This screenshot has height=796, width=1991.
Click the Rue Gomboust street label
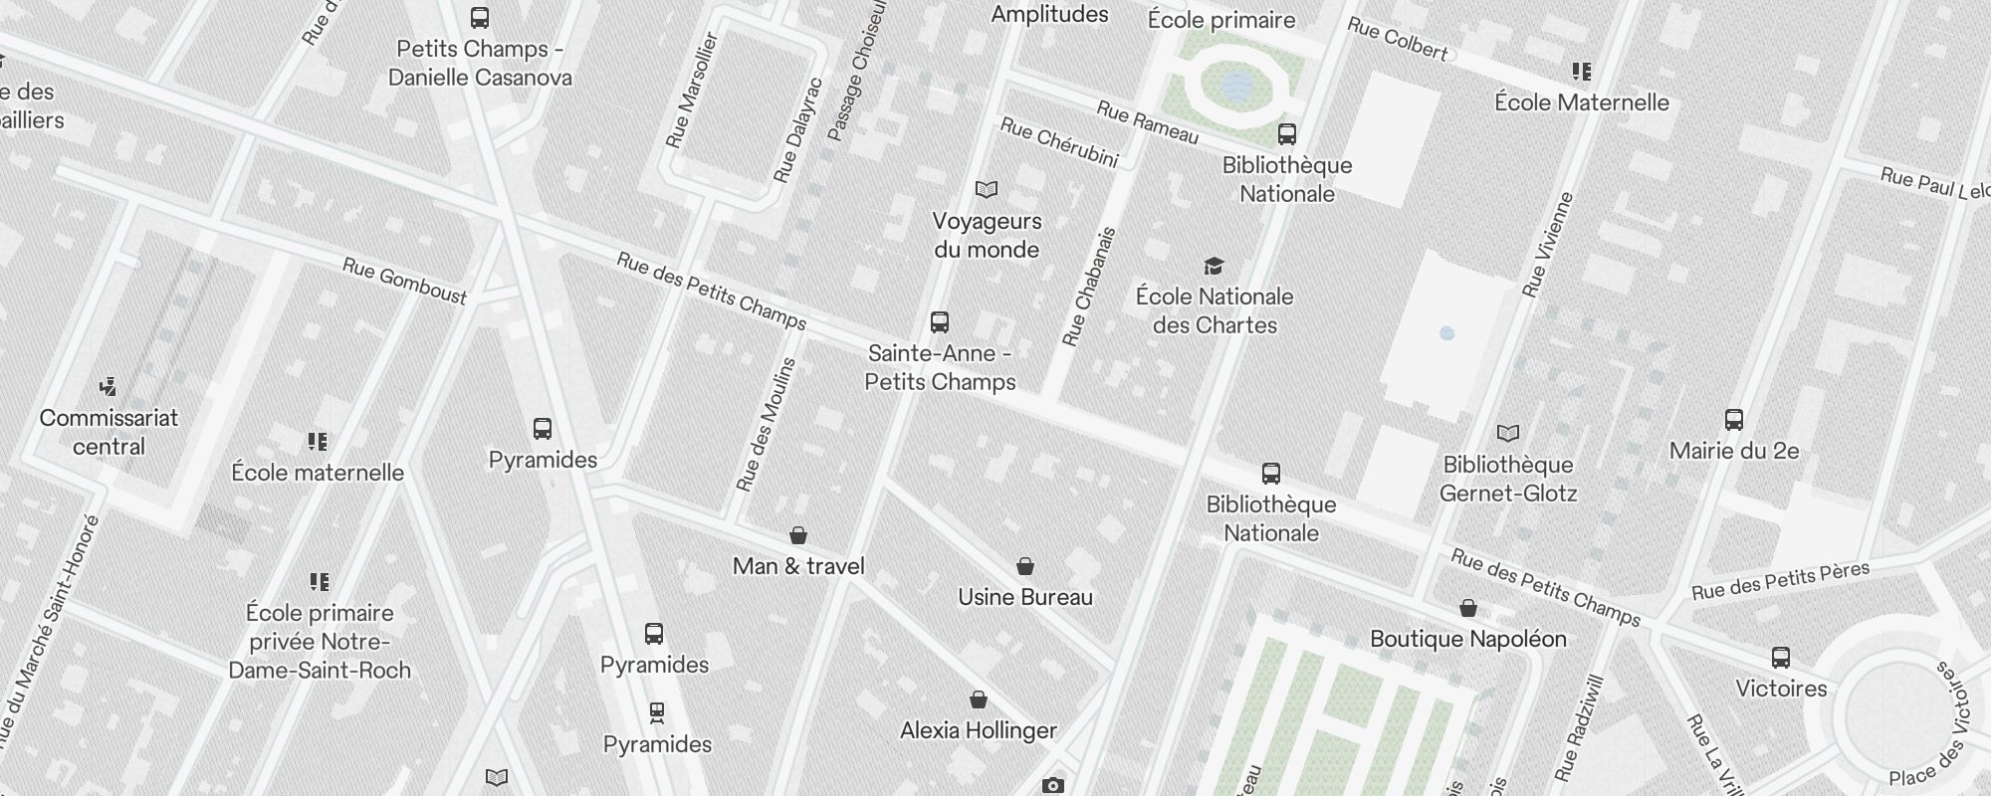(x=404, y=281)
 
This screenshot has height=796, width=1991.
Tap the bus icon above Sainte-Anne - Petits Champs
(x=939, y=321)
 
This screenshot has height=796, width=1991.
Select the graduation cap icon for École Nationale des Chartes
(x=1214, y=266)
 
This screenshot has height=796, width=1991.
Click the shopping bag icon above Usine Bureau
(x=1024, y=566)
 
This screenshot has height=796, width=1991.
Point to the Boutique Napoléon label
(x=1467, y=639)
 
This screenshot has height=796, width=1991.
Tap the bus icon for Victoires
(x=1780, y=658)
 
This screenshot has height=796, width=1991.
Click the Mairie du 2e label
(x=1733, y=451)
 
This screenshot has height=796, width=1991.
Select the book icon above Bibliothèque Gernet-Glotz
(x=1508, y=433)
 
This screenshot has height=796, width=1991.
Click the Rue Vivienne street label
(x=1547, y=245)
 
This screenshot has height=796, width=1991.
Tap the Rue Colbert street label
(x=1397, y=40)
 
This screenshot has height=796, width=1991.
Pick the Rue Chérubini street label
(x=1059, y=143)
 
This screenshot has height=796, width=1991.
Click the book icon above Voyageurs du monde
(x=986, y=189)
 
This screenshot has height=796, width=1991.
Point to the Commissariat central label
(x=109, y=432)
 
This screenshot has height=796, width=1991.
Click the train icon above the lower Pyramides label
(x=656, y=712)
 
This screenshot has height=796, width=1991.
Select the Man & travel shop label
(x=798, y=566)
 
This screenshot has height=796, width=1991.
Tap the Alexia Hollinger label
(x=978, y=730)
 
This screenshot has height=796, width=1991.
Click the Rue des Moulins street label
(x=766, y=425)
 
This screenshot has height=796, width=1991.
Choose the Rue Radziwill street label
(x=1580, y=727)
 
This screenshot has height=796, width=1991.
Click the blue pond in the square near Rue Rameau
(x=1236, y=88)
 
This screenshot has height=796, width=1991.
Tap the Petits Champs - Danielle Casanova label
(x=480, y=63)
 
